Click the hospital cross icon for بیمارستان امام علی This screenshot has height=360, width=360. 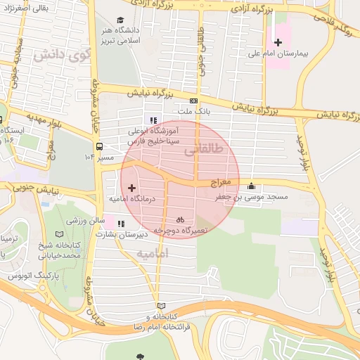278,42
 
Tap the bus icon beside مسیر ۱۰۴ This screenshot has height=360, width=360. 101,147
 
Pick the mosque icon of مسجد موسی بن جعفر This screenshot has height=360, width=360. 252,186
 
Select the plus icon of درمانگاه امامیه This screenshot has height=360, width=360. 132,188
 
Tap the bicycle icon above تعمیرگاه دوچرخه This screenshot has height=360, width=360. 181,219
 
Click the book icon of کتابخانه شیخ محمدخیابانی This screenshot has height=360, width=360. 57,235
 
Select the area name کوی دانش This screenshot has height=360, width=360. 53,54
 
